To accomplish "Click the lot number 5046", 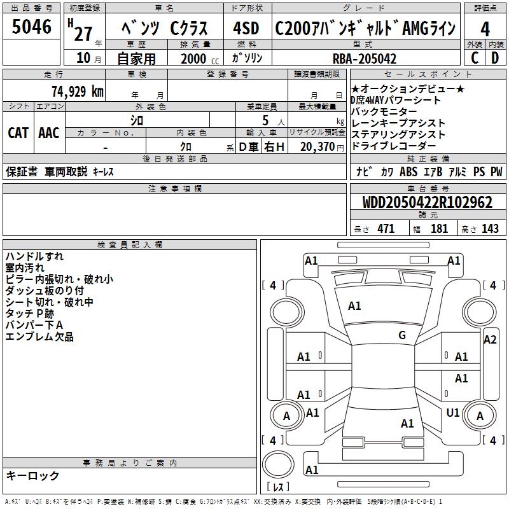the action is pyautogui.click(x=32, y=27).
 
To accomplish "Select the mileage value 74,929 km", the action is pyautogui.click(x=77, y=92).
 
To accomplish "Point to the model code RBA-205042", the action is pyautogui.click(x=365, y=59).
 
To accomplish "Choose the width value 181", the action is pyautogui.click(x=439, y=228).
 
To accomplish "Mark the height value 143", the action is pyautogui.click(x=490, y=228).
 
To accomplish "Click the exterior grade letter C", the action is pyautogui.click(x=474, y=58).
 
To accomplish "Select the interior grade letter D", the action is pyautogui.click(x=495, y=58).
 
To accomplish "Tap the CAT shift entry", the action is pyautogui.click(x=18, y=133).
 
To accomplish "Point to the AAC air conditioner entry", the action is pyautogui.click(x=49, y=133).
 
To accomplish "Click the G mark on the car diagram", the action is pyautogui.click(x=402, y=335).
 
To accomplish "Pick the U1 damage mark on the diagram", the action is pyautogui.click(x=453, y=413).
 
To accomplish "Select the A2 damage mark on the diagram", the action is pyautogui.click(x=490, y=340).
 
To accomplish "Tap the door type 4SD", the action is pyautogui.click(x=247, y=29).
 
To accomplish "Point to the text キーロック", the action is pyautogui.click(x=32, y=476).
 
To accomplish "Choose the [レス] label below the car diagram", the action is pyautogui.click(x=278, y=487).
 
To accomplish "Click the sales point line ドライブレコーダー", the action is pyautogui.click(x=389, y=146).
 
